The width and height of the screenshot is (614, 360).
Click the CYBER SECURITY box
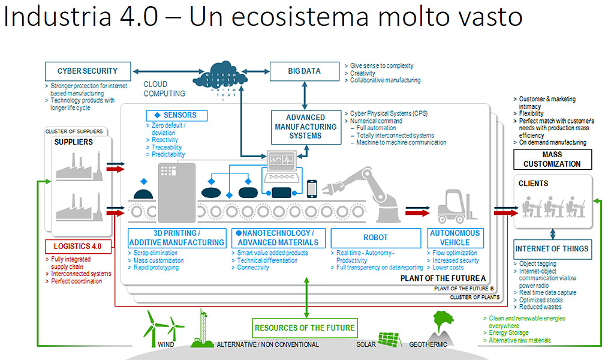tap(88, 71)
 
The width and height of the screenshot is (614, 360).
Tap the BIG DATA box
tap(304, 71)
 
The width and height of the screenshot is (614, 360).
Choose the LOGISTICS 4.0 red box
tap(79, 246)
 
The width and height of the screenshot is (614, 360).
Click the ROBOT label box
tap(375, 238)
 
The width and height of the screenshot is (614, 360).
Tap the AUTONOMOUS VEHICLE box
tap(455, 238)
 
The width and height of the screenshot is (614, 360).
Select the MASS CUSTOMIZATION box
tap(552, 160)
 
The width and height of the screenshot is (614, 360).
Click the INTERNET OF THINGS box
tap(552, 248)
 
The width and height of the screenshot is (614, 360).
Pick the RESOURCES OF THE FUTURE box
tap(305, 328)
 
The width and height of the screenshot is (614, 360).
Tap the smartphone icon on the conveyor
tap(312, 188)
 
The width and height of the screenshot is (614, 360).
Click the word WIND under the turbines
tap(166, 345)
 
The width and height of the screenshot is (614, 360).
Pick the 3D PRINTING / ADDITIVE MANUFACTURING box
tap(177, 238)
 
